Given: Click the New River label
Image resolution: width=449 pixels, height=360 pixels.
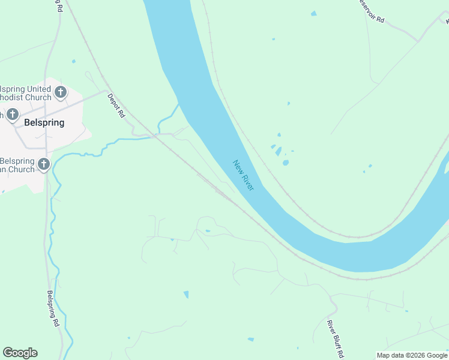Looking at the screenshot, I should [x=244, y=175].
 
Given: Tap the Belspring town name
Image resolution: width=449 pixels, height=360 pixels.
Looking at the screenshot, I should [x=44, y=122].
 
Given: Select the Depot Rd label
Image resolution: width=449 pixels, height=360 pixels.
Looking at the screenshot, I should [x=116, y=105].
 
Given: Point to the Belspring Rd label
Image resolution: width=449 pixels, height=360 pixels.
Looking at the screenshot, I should [x=53, y=308].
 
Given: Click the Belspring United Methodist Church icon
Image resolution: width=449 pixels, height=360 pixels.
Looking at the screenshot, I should [x=60, y=92].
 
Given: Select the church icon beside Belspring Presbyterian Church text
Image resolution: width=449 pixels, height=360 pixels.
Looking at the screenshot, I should [x=43, y=164].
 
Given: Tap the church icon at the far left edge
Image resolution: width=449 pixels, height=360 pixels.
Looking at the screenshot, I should [x=12, y=114].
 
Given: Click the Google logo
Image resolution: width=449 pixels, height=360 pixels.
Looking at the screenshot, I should [x=20, y=353].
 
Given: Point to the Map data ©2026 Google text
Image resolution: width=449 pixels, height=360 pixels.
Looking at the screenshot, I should [x=412, y=355].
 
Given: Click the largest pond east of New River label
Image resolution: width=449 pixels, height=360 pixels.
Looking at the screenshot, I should [x=286, y=162].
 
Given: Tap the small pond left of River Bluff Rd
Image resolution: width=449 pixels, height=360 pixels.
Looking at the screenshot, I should [x=186, y=295].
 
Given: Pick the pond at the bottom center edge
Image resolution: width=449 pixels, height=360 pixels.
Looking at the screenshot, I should [x=250, y=340].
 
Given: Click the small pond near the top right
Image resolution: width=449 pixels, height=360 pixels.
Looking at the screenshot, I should [x=313, y=13].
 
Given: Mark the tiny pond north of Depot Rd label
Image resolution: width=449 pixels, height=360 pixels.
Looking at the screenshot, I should [x=73, y=61].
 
